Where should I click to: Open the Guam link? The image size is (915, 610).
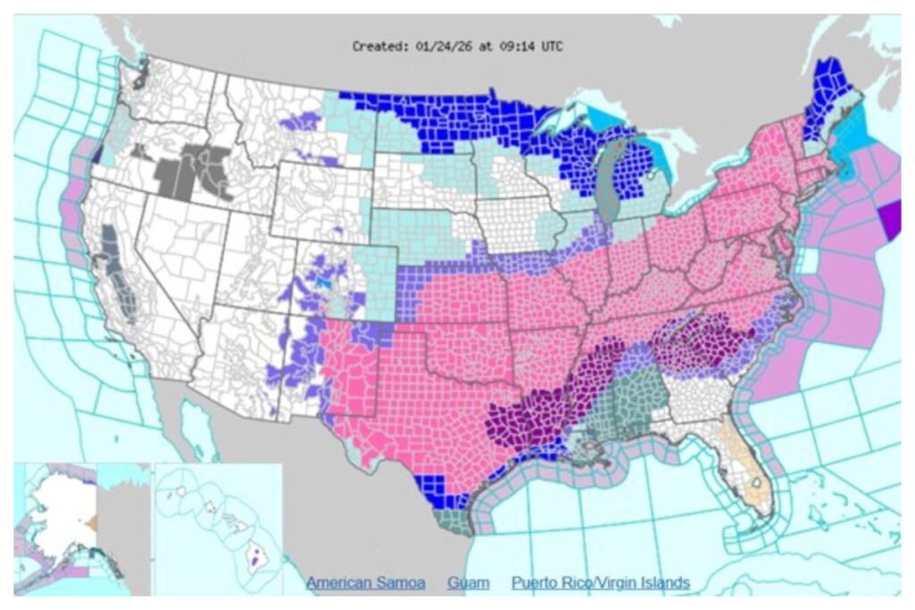coord(470,583)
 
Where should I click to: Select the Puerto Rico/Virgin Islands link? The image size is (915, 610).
coord(600,583)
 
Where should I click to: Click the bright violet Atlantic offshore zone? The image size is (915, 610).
coord(890,220)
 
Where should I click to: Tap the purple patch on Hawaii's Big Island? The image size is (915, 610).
coord(257,563)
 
